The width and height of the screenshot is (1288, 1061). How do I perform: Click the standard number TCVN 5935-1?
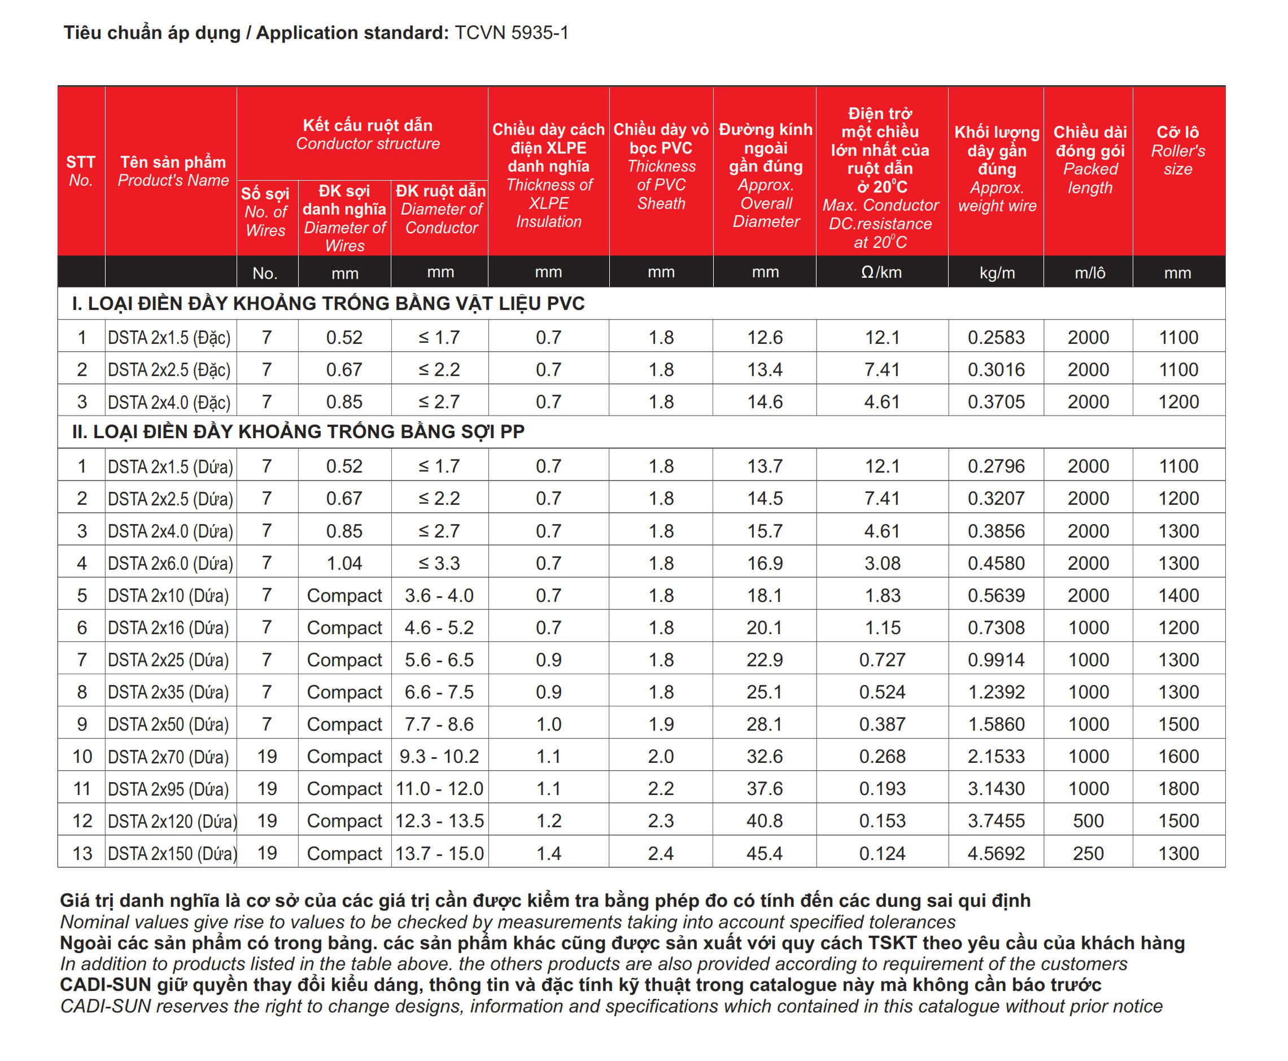[511, 32]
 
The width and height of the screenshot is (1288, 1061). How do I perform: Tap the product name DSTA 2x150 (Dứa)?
[172, 853]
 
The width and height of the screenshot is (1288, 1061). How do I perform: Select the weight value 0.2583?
[996, 337]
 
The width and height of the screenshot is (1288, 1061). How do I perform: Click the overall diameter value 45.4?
[765, 853]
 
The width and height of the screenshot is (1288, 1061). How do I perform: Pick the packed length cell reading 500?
[1088, 821]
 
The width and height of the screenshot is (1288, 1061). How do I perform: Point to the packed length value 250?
[1088, 853]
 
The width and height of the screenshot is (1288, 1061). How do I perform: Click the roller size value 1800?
[1178, 788]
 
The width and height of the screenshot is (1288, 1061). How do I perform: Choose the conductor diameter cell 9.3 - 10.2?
[439, 757]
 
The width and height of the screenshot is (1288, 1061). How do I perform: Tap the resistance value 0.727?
[881, 660]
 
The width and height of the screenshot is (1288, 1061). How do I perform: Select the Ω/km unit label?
[881, 273]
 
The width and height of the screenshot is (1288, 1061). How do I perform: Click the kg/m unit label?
[997, 273]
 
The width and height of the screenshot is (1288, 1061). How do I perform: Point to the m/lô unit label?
[1089, 273]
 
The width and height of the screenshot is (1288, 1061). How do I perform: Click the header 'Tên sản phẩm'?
[173, 162]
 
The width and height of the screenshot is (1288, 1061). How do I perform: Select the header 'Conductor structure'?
[368, 143]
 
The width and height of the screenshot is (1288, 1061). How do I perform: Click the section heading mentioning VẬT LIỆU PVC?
[328, 304]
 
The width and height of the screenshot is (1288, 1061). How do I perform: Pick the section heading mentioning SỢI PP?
[298, 431]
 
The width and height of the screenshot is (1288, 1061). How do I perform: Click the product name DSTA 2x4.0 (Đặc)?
[169, 402]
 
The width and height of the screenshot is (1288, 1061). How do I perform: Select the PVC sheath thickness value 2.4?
[661, 853]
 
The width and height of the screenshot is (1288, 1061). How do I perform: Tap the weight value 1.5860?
[996, 724]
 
